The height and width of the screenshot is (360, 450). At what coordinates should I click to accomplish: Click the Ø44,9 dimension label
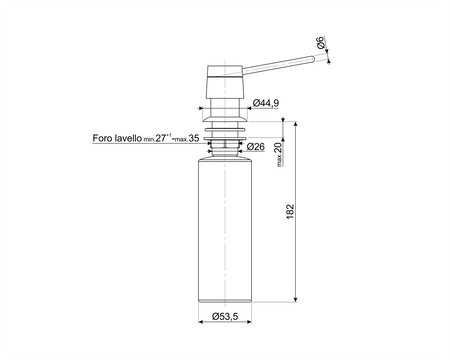pyautogui.click(x=266, y=103)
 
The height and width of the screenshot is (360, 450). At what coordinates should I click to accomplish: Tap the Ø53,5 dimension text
pyautogui.click(x=225, y=316)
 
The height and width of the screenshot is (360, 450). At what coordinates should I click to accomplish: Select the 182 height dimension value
pyautogui.click(x=290, y=211)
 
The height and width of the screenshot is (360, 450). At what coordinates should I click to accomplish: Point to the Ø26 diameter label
pyautogui.click(x=256, y=146)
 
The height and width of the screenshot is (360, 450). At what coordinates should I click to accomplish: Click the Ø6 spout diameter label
pyautogui.click(x=320, y=43)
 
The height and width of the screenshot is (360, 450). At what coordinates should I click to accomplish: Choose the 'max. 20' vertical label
pyautogui.click(x=279, y=154)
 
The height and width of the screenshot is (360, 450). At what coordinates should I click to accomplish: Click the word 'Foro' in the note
pyautogui.click(x=102, y=138)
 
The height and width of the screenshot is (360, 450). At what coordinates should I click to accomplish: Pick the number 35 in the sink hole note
pyautogui.click(x=194, y=138)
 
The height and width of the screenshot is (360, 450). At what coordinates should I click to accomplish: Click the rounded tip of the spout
pyautogui.click(x=313, y=59)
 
